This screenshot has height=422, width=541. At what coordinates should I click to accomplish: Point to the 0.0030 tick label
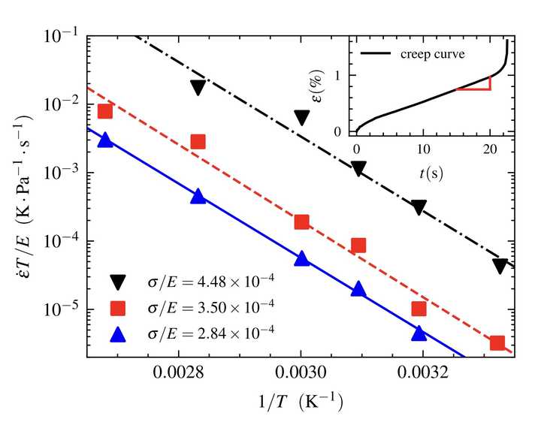[301, 371]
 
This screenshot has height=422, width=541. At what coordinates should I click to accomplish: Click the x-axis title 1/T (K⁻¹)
[299, 402]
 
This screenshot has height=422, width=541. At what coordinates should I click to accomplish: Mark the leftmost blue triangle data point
[105, 140]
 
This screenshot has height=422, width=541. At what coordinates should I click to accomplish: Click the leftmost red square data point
[105, 112]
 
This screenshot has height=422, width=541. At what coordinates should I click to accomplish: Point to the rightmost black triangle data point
[500, 265]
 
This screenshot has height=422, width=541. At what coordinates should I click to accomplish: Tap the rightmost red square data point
[497, 343]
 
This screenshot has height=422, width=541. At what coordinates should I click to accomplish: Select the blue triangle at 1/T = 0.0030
[302, 258]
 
